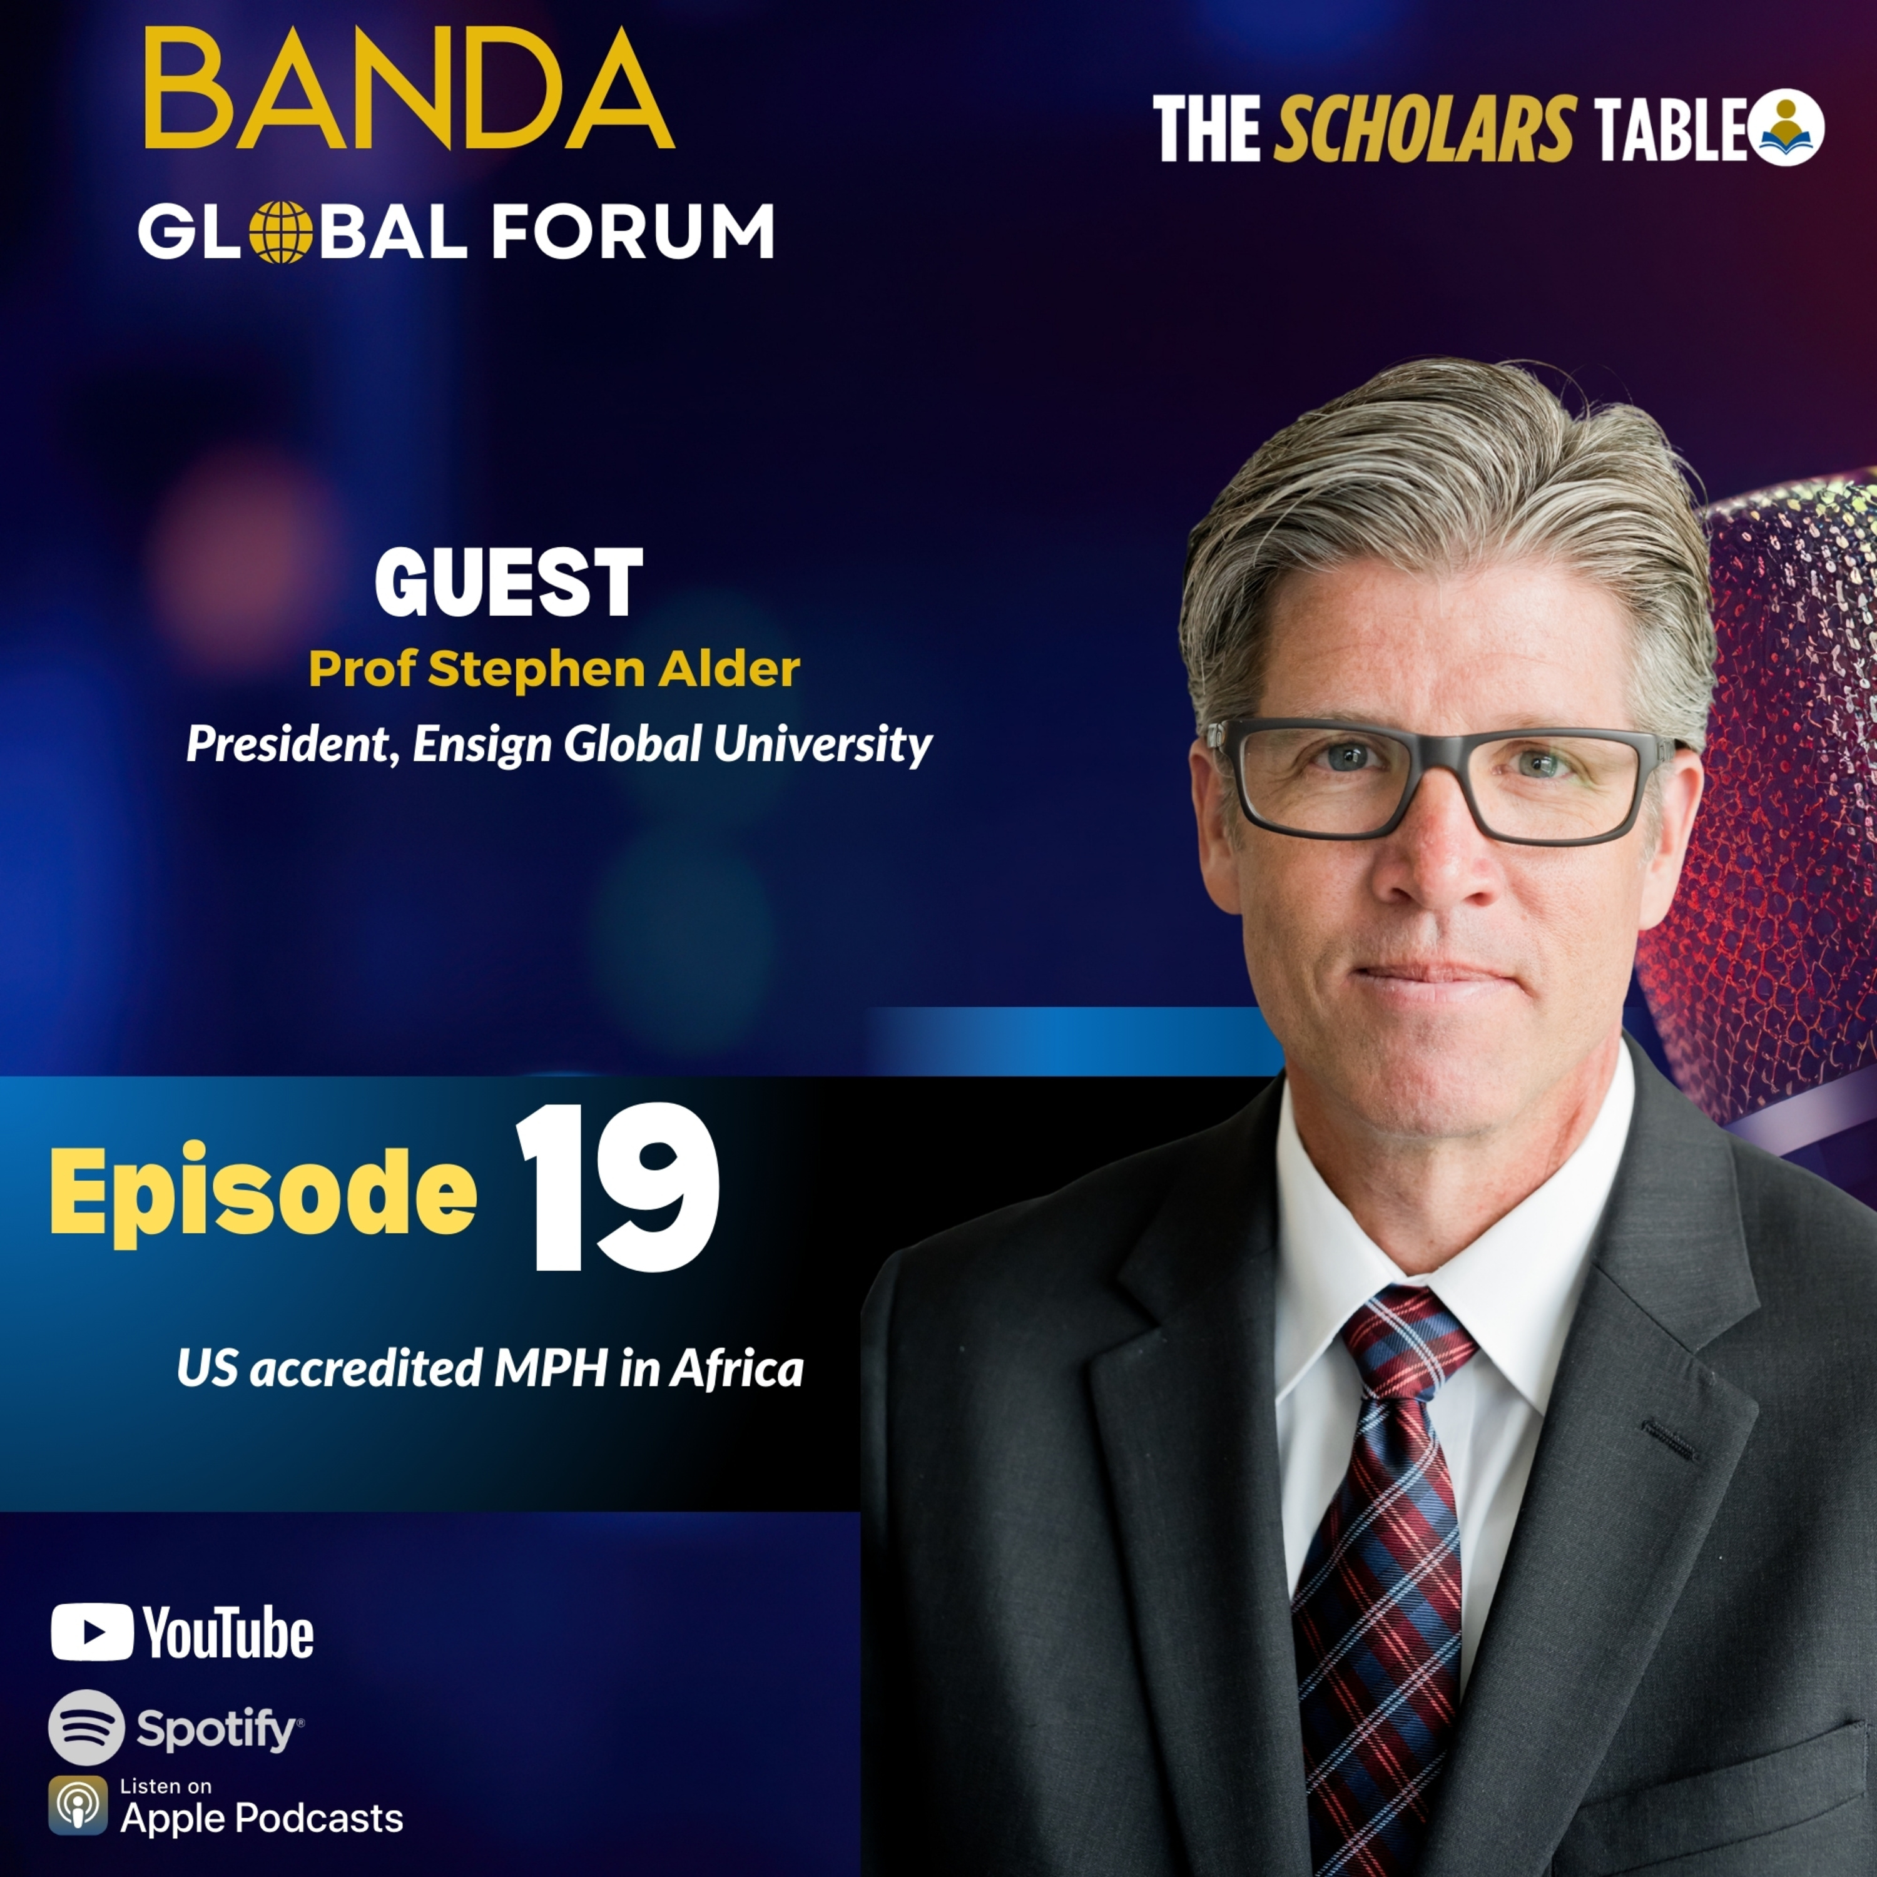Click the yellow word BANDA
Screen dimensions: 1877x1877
(409, 90)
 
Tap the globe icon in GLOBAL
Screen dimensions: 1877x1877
(281, 232)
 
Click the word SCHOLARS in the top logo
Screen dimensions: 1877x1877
(1423, 130)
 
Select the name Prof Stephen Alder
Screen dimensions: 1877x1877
(554, 669)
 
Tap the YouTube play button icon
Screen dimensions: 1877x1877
(93, 1633)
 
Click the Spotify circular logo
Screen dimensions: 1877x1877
(86, 1727)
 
